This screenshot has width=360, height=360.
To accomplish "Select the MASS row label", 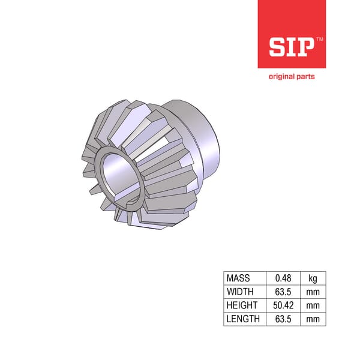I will (x=238, y=278).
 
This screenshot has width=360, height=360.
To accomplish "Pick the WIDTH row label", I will (x=239, y=292).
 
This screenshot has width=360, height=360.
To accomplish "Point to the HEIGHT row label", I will (x=241, y=305).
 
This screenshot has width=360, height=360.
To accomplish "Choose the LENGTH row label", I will (x=242, y=319).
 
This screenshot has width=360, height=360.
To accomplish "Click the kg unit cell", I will (x=313, y=278).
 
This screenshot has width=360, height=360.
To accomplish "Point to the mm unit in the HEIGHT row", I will (x=313, y=305).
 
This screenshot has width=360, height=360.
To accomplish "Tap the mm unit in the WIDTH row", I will (x=313, y=292).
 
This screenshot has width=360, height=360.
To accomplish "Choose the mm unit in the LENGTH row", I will (x=313, y=319).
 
